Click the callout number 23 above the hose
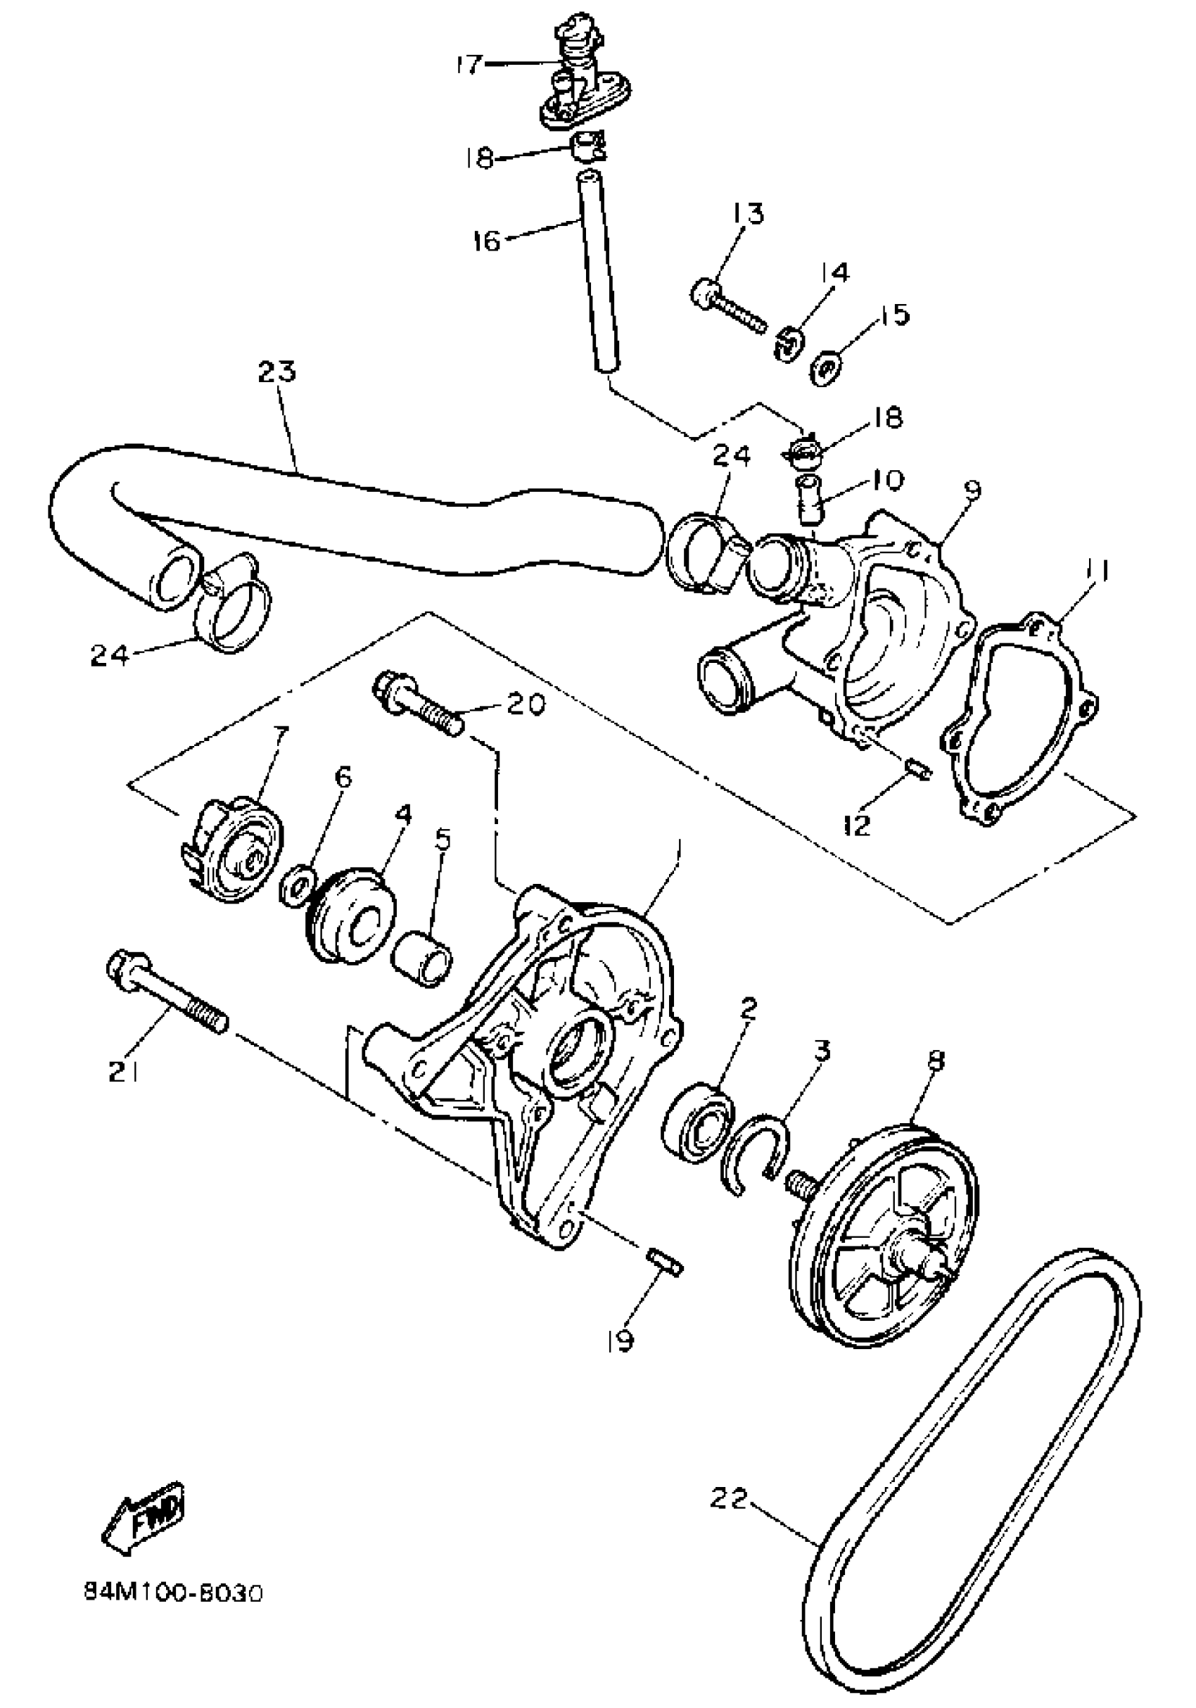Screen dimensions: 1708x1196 [277, 371]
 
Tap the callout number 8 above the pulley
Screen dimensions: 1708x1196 [936, 1060]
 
